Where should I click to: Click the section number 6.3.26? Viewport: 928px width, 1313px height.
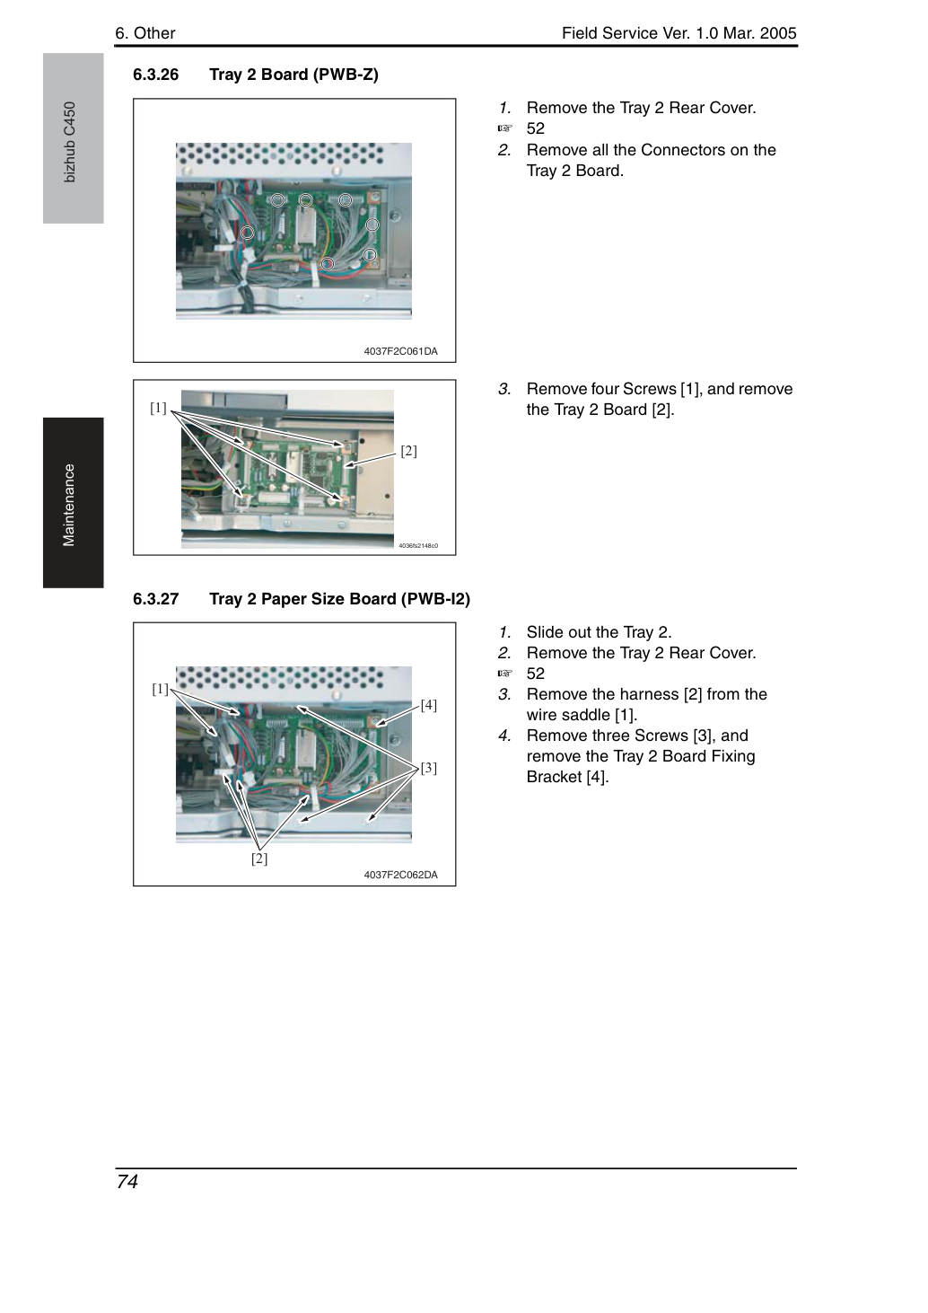156,75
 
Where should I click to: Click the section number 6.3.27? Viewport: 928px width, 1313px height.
156,598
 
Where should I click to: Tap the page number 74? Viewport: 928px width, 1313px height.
127,1181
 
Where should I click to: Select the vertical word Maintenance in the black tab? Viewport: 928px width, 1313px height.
68,505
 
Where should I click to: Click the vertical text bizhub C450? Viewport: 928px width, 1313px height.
69,142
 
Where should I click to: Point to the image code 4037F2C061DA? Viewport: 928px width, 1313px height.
400,351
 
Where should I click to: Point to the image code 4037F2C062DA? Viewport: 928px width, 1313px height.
400,875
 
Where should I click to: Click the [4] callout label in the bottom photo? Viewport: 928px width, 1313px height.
428,705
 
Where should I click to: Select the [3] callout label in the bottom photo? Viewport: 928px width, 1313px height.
428,767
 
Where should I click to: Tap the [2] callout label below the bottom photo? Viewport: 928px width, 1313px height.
259,859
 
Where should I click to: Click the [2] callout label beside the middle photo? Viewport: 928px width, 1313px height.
408,451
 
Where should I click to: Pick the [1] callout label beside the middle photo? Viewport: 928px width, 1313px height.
158,408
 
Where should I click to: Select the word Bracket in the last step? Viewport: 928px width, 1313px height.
554,777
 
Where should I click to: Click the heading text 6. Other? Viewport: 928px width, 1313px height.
145,33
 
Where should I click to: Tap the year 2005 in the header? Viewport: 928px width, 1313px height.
778,33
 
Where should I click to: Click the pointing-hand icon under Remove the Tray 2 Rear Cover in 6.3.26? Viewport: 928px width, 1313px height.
504,128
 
